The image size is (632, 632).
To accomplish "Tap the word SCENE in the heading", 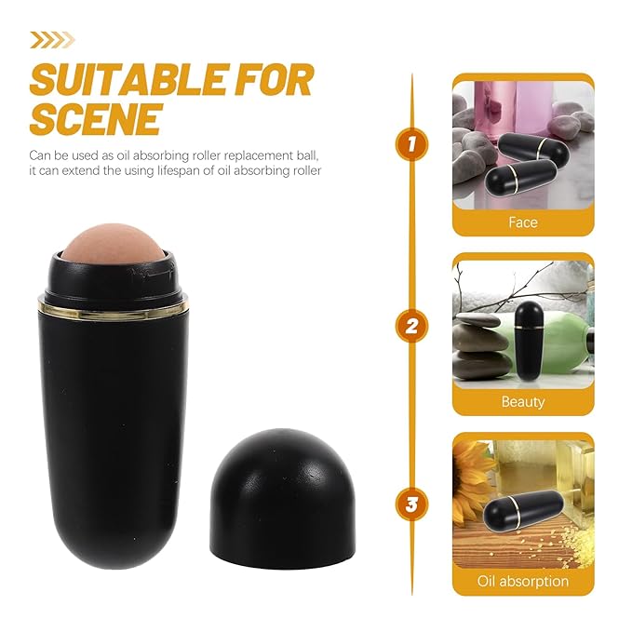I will (96, 119).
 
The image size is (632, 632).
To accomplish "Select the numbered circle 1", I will (411, 144).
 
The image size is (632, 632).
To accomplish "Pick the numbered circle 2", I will (411, 325).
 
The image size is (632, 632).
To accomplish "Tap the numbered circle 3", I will (411, 504).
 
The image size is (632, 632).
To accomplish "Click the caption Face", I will (522, 222).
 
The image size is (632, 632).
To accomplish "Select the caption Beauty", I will (522, 402).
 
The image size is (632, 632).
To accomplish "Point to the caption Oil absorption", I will (522, 582).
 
